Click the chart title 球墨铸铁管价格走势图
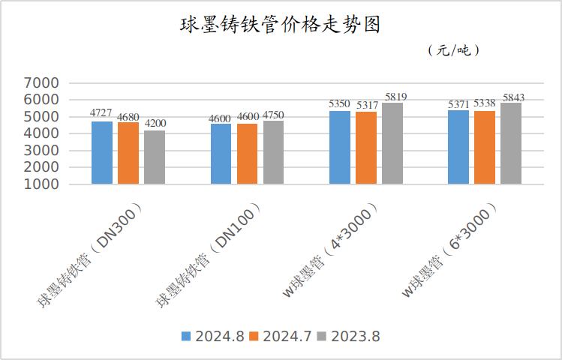point(281,24)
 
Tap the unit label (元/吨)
point(453,51)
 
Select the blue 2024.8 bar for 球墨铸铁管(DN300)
point(102,152)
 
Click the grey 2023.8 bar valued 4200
point(155,157)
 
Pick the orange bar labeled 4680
point(128,153)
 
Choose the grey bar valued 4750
point(274,152)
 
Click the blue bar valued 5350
point(340,147)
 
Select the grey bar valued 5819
point(392,143)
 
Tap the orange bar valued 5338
point(485,147)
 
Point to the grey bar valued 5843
point(511,143)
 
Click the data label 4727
point(101,113)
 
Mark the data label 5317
point(367,105)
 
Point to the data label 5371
point(458,103)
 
